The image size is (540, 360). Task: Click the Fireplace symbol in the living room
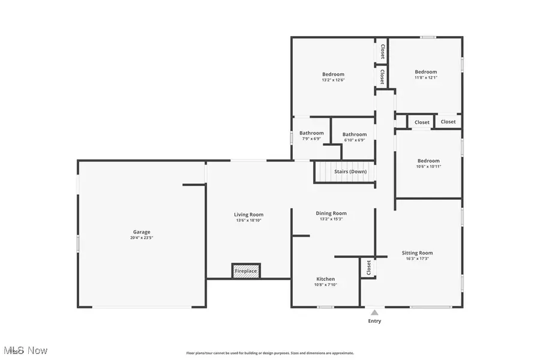tap(246, 271)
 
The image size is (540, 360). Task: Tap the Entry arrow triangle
tap(374, 312)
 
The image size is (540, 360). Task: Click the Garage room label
tap(142, 232)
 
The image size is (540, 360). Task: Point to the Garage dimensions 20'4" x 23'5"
tap(142, 238)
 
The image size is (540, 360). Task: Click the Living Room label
tap(248, 215)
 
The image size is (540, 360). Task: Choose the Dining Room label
tap(331, 213)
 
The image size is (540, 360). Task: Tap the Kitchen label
tap(326, 279)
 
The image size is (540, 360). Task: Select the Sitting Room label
tap(417, 253)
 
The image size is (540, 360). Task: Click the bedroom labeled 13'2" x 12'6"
tap(333, 74)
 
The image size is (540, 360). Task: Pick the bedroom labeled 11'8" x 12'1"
tap(426, 72)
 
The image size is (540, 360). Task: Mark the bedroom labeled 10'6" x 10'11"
tap(428, 161)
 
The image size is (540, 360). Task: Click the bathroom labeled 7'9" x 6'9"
tap(311, 133)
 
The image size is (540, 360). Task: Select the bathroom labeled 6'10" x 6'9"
tap(354, 135)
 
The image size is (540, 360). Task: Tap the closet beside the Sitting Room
tap(367, 268)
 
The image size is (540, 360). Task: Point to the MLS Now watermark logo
tap(25, 350)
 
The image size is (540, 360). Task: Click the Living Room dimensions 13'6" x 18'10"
tap(248, 220)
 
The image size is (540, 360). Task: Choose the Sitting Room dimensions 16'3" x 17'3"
tap(417, 259)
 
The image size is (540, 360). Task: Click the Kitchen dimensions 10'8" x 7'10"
tap(326, 285)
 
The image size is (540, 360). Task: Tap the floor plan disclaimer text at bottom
tap(270, 353)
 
